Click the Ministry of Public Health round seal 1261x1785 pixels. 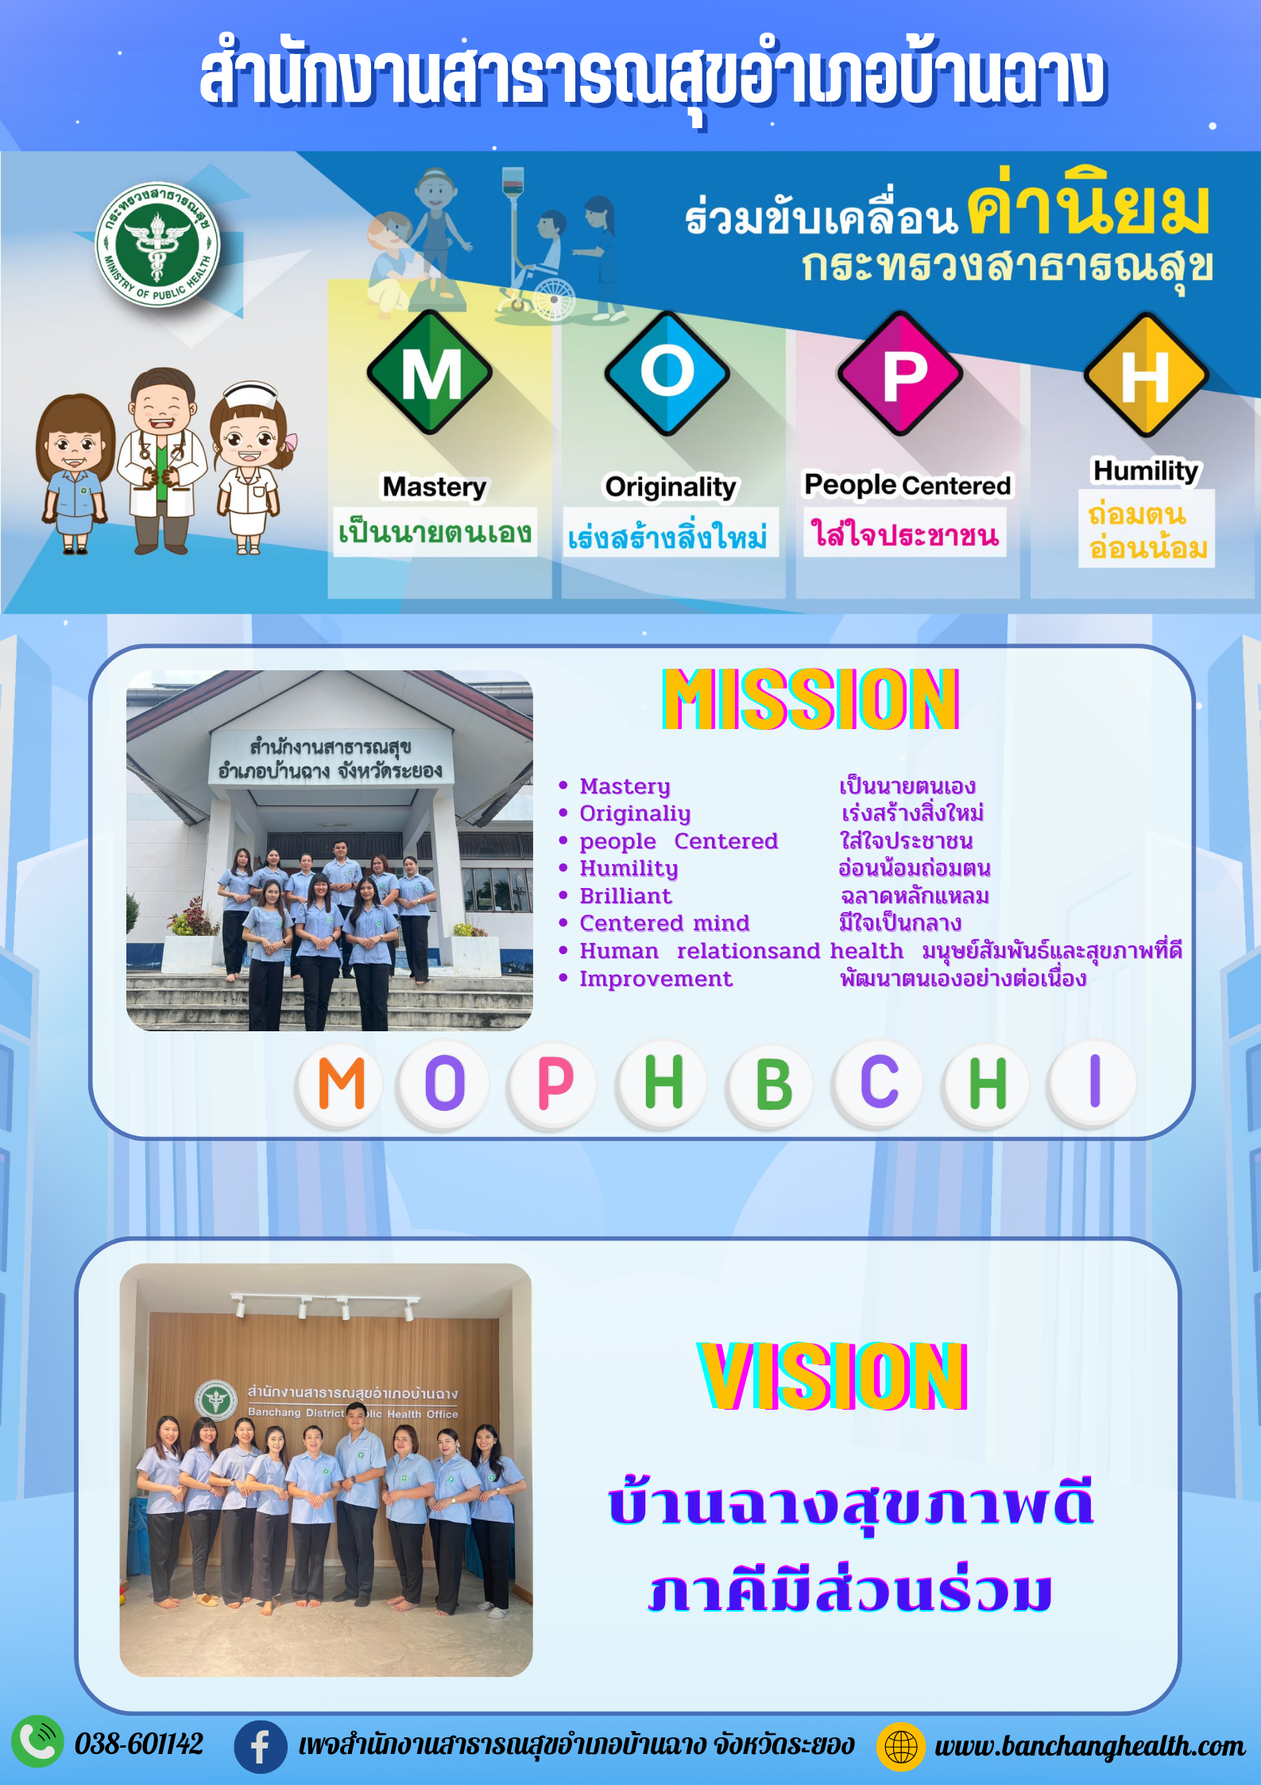(x=157, y=244)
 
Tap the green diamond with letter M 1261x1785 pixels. (x=430, y=373)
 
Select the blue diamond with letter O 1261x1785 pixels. (x=667, y=373)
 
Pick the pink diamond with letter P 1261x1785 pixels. (x=900, y=374)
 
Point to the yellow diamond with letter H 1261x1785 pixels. (x=1147, y=375)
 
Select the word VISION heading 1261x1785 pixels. (x=833, y=1376)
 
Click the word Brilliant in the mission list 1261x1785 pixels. (x=625, y=896)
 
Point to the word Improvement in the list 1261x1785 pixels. (x=656, y=979)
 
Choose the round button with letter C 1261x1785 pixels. (x=879, y=1082)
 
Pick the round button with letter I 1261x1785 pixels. (x=1093, y=1081)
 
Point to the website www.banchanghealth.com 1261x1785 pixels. (x=1089, y=1746)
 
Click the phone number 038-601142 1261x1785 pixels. (x=139, y=1744)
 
